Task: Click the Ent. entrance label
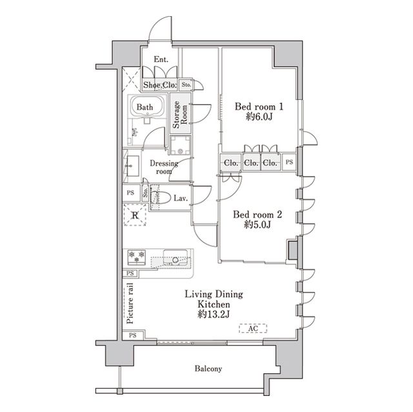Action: [161, 59]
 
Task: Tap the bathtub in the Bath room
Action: [147, 106]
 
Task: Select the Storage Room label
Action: [180, 115]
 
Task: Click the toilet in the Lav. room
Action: [161, 197]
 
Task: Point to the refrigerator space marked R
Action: [135, 215]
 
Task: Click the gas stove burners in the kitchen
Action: [137, 257]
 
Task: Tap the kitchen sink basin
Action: [176, 257]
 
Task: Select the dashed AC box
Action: [253, 328]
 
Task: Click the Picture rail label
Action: [130, 303]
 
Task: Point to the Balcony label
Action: [208, 369]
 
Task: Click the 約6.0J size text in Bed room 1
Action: [259, 117]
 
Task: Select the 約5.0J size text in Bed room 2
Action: [257, 224]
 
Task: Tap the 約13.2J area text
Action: [214, 314]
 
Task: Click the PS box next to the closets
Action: [289, 162]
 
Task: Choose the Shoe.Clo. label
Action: [159, 85]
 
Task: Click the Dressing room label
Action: [164, 168]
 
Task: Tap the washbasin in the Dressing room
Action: [132, 166]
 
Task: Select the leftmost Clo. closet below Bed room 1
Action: [231, 162]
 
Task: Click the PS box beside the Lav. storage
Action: [130, 193]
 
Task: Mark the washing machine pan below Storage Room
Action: [180, 145]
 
